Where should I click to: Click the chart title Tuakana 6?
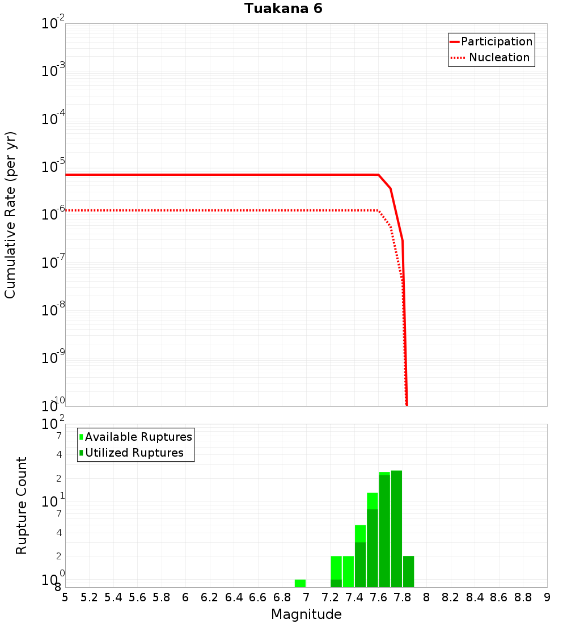[x=283, y=9]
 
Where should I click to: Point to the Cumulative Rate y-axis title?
[x=10, y=215]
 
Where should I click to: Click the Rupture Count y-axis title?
[x=22, y=505]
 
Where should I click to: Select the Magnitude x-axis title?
[x=306, y=614]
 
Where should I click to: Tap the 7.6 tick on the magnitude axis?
[x=378, y=597]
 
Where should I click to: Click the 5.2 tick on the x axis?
[x=89, y=597]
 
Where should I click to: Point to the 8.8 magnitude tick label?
[x=523, y=597]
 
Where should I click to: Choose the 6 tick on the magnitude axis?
[x=185, y=597]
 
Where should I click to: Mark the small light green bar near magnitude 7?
[x=300, y=583]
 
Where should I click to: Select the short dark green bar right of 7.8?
[x=408, y=572]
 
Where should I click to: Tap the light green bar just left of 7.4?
[x=348, y=572]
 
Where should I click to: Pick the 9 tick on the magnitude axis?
[x=547, y=597]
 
